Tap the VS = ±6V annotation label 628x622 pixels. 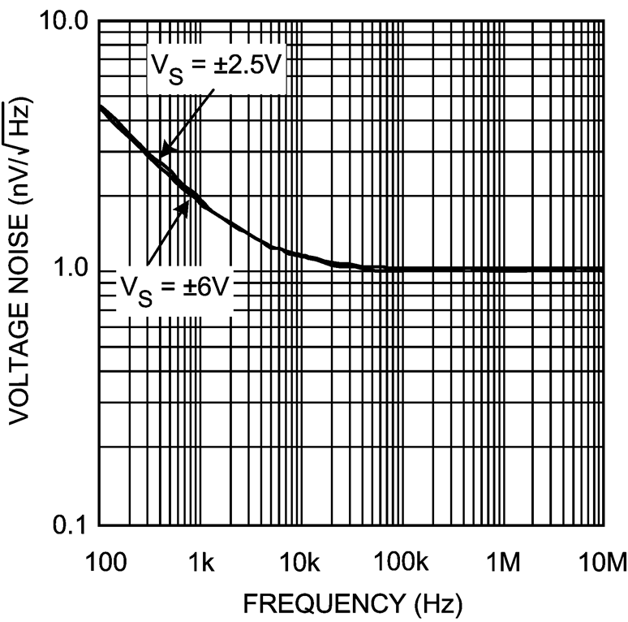[x=176, y=284]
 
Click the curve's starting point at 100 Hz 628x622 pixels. [x=99, y=106]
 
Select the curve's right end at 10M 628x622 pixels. [x=603, y=269]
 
